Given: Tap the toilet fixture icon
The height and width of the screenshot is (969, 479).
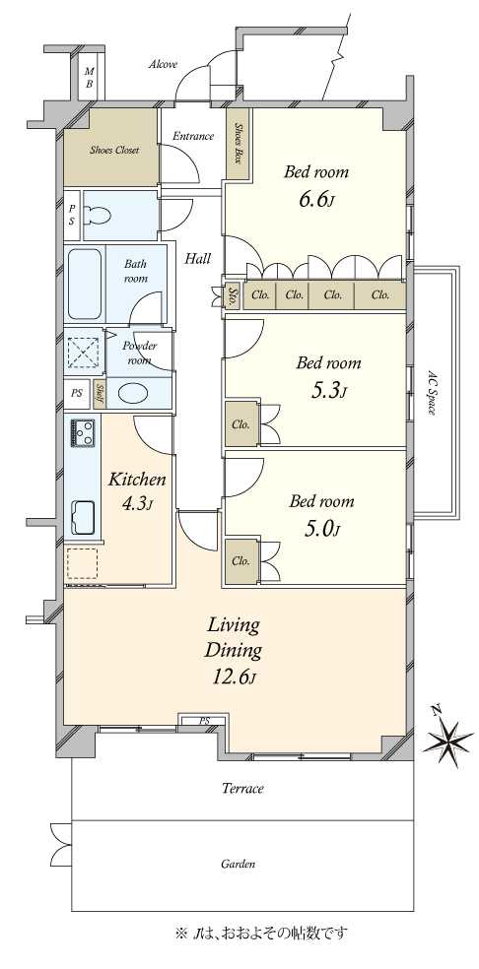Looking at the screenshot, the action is tap(98, 216).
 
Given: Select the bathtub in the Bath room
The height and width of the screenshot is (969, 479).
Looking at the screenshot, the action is tap(84, 285).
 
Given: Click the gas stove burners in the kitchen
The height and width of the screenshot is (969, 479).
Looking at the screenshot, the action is tap(83, 431).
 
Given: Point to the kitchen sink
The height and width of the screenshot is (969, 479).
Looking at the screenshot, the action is tap(83, 518).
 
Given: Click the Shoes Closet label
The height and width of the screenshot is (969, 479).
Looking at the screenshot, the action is tap(114, 150).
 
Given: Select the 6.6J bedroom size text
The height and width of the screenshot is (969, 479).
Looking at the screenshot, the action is tap(316, 201).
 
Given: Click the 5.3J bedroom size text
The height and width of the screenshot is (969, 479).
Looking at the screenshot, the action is tap(327, 391).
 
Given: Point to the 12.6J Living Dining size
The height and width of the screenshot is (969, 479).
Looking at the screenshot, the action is tap(234, 677).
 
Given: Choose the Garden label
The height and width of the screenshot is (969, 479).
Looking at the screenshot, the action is tap(239, 864).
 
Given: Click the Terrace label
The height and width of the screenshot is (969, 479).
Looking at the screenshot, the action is tap(243, 789).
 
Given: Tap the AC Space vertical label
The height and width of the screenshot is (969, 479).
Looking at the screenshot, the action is tap(433, 392).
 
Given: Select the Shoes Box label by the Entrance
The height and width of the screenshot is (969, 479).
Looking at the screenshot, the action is tap(239, 143).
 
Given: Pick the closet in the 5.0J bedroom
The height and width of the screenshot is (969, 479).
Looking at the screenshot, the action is tap(241, 561).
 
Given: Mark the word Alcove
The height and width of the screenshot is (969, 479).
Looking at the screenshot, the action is tap(164, 64).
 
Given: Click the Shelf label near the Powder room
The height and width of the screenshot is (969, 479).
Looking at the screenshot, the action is tap(99, 394).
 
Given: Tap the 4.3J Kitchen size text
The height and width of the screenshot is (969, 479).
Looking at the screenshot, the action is tap(137, 505).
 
